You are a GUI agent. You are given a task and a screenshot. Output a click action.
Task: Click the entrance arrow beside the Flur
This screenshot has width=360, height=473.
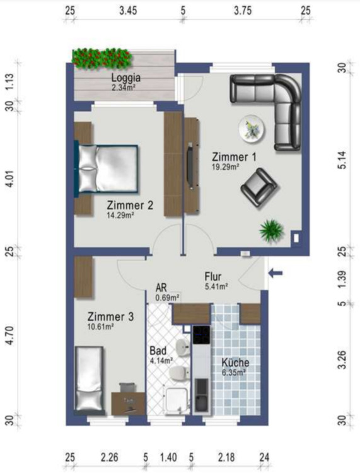[276, 273]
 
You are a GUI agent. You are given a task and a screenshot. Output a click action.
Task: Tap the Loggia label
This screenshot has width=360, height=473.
[125, 78]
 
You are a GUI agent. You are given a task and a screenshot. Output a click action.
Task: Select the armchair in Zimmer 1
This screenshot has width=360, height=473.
[259, 187]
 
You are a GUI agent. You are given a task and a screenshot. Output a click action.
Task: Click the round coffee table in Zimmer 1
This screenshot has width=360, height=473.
[252, 129]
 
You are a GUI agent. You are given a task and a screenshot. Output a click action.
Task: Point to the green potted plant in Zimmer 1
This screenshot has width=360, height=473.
[272, 230]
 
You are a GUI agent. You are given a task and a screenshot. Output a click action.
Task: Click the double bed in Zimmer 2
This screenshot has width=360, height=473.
[107, 168]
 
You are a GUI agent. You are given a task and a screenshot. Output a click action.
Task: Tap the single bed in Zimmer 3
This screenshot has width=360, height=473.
[90, 378]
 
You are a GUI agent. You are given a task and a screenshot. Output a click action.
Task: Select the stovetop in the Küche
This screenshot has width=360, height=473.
[201, 335]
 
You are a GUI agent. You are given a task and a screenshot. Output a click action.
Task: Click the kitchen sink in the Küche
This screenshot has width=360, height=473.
[201, 395]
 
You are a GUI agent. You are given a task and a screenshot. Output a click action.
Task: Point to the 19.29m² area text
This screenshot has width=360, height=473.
[226, 166]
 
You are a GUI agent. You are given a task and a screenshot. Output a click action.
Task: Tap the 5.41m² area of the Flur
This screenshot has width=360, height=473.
[216, 286]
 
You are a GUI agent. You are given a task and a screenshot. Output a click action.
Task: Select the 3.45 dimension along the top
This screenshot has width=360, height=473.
[128, 11]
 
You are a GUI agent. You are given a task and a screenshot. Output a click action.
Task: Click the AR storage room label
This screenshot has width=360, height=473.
[161, 287]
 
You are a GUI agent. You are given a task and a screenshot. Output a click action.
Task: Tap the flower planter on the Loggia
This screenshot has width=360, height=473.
[102, 58]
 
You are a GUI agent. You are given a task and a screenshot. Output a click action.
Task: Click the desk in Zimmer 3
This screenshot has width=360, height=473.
[128, 404]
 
